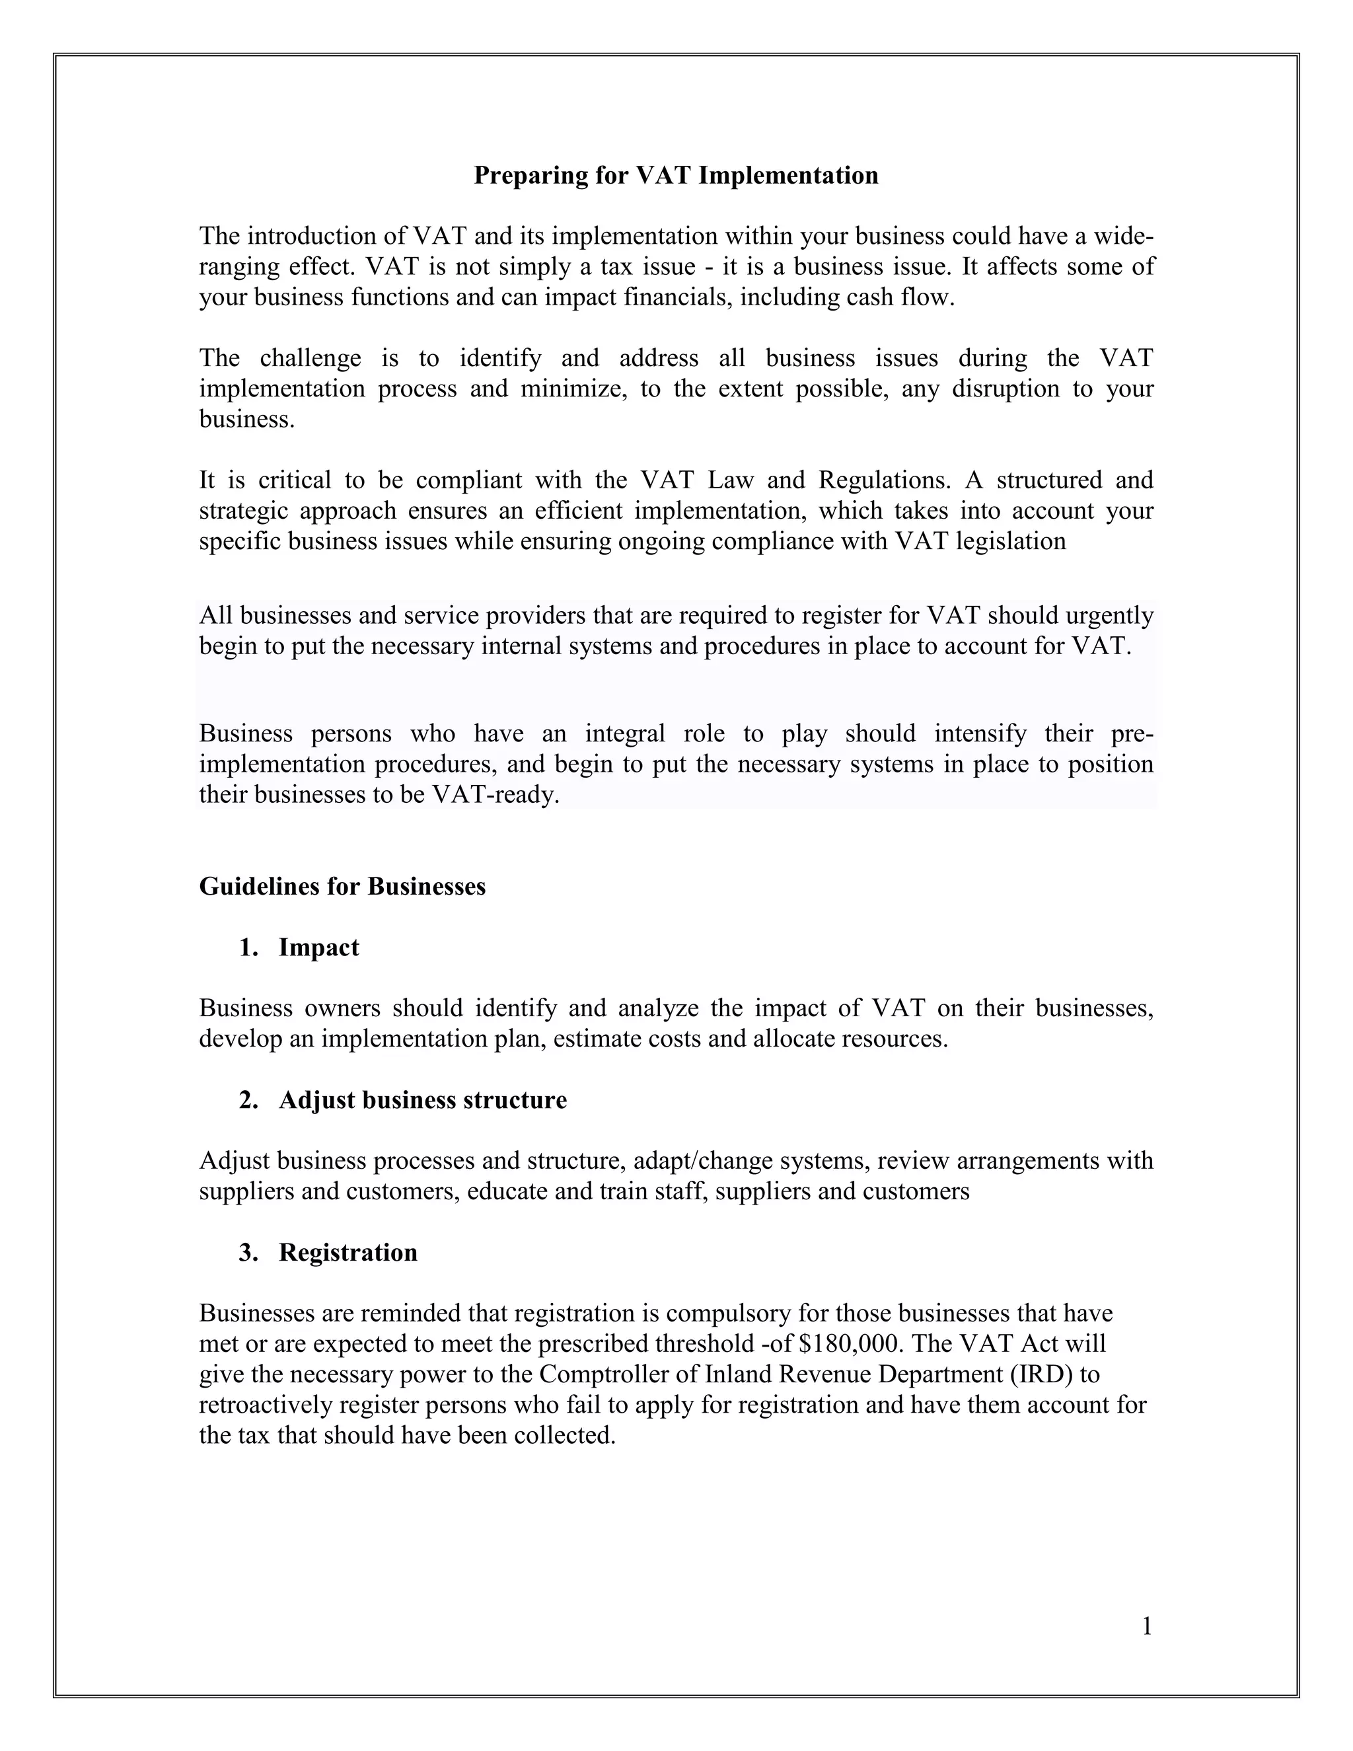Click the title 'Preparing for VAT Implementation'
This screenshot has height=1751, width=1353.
pos(676,176)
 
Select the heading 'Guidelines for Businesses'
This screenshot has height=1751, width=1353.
pos(342,886)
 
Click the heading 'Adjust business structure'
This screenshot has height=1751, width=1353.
pos(422,1099)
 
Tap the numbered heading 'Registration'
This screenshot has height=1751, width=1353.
pos(348,1251)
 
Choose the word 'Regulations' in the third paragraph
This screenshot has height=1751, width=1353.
pos(883,480)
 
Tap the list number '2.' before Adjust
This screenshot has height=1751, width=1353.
pos(248,1099)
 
